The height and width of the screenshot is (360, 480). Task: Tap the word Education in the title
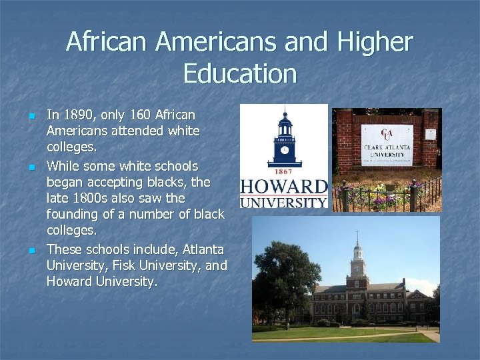click(239, 73)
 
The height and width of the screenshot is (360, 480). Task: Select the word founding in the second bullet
click(72, 215)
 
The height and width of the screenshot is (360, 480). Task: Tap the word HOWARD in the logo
click(284, 187)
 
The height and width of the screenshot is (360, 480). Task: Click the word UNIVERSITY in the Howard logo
click(284, 201)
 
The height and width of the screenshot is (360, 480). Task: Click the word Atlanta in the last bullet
click(203, 249)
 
